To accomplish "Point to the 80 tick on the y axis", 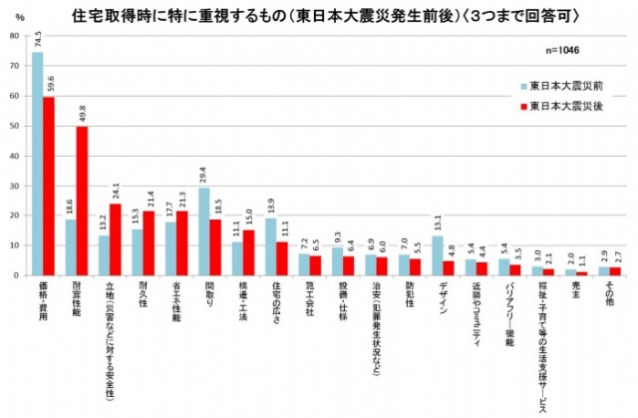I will [14, 36].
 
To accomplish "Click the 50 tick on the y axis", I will [14, 126].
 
